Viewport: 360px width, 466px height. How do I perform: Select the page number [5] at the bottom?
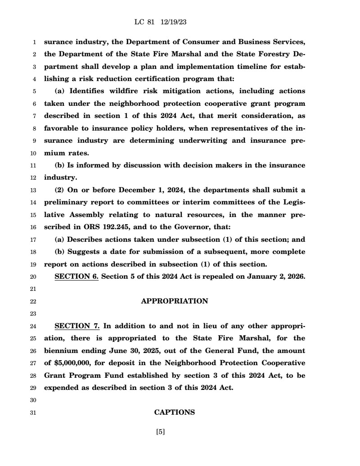coord(160,432)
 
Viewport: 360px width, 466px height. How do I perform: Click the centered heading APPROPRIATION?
coord(175,301)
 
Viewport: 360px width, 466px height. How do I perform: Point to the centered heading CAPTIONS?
coord(175,412)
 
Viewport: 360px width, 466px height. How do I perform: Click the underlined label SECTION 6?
coord(76,276)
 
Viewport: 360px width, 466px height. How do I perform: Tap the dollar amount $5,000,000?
coord(72,363)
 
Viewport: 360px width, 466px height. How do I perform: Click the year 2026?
coord(296,276)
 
